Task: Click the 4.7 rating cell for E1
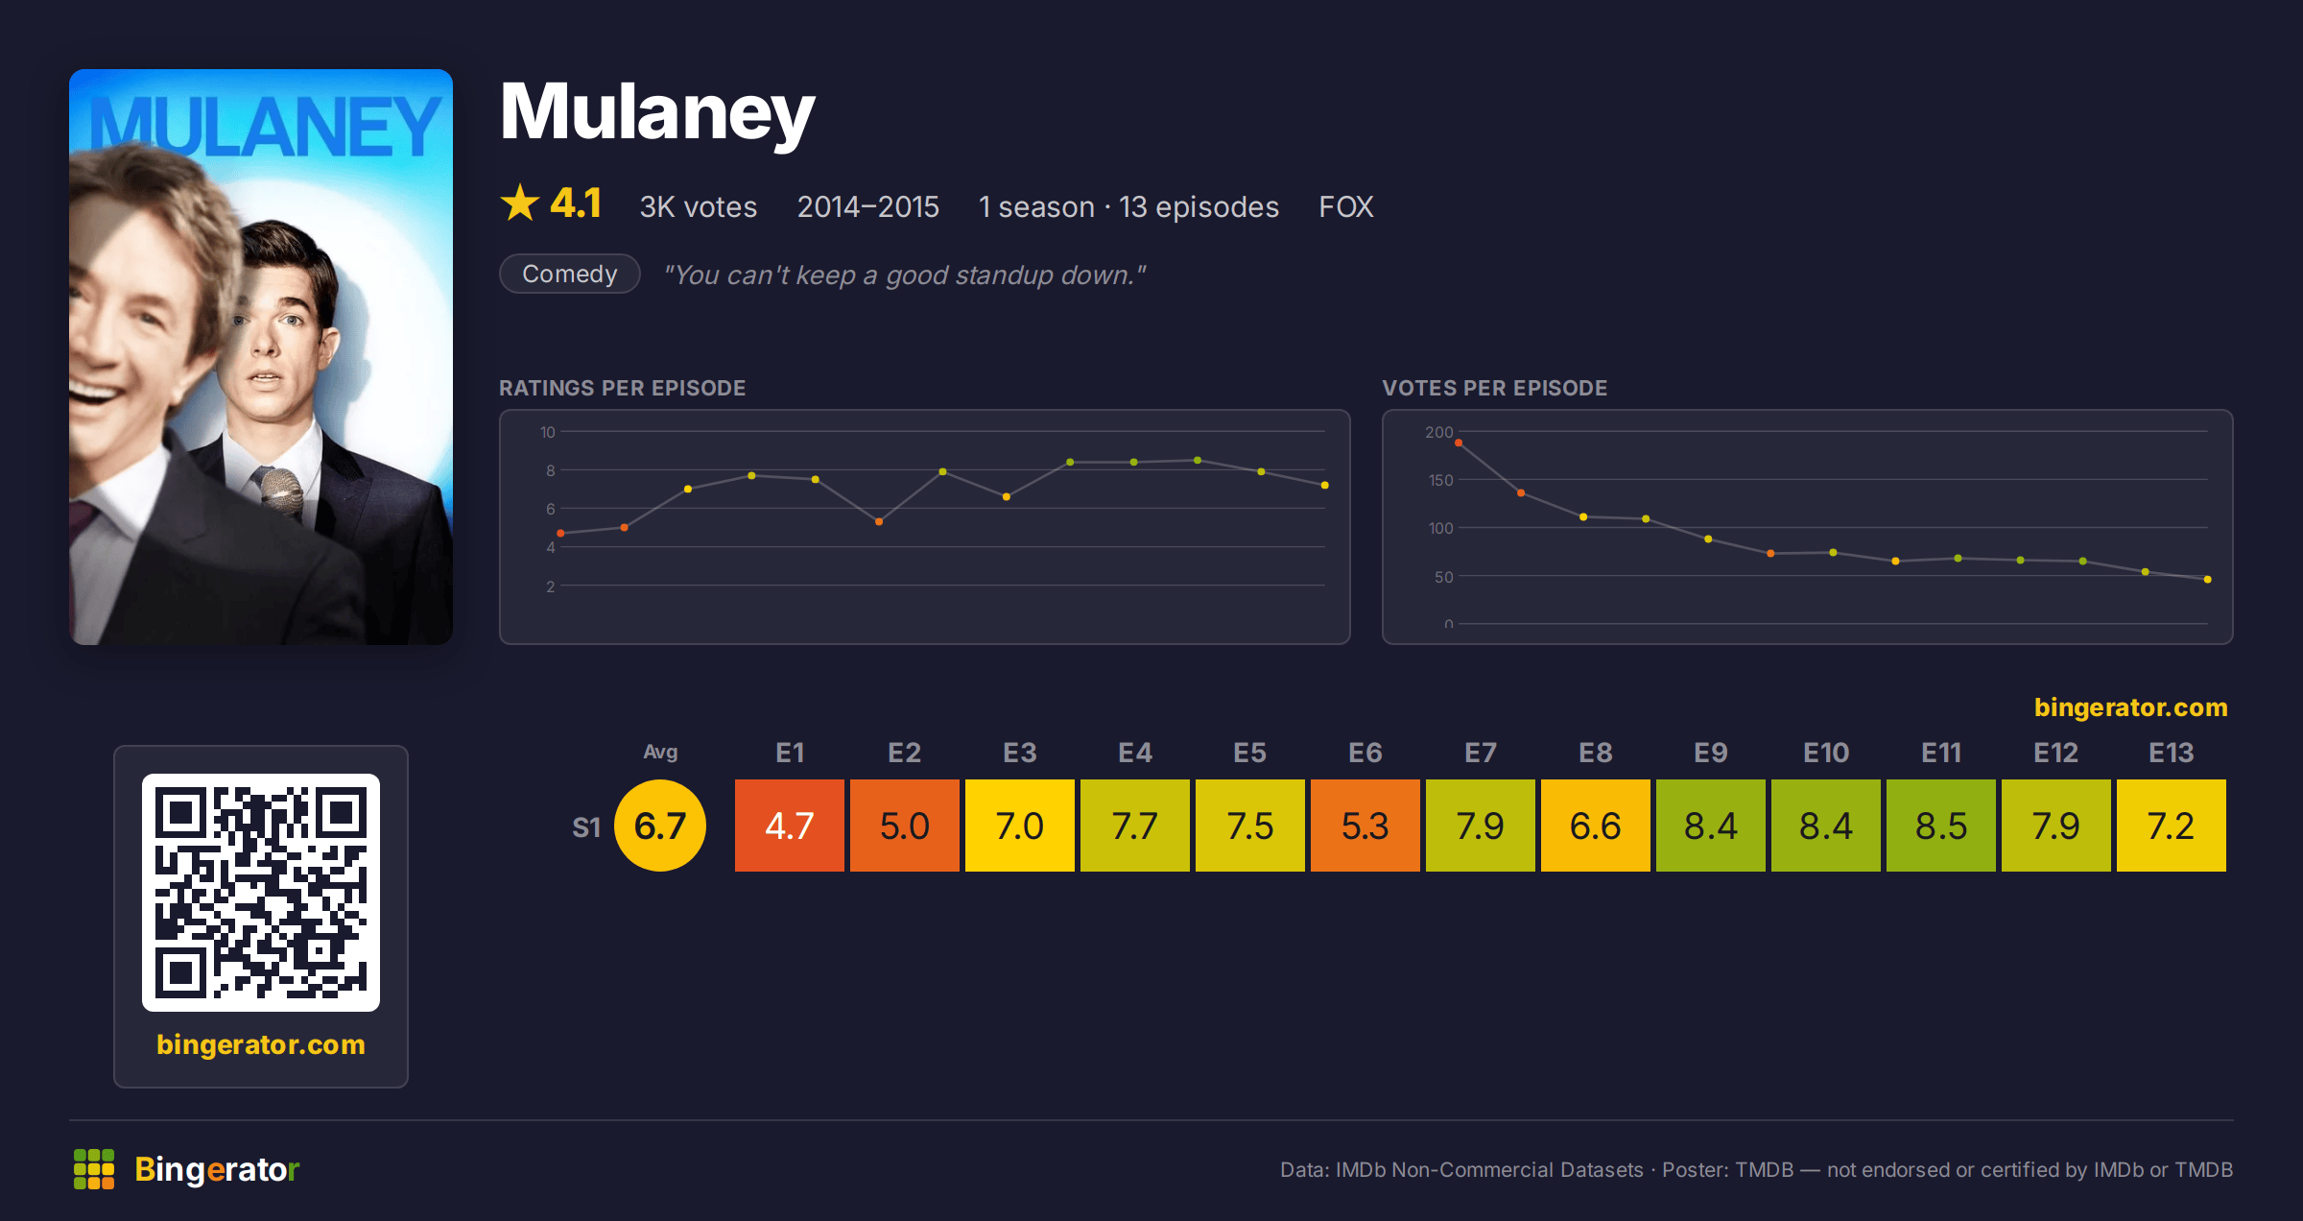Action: (790, 826)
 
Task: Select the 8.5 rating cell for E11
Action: (1941, 826)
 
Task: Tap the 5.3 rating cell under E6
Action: (1365, 826)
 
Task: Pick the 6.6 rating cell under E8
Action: (1596, 826)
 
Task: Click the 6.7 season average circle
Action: (660, 826)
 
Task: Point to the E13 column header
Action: (2172, 753)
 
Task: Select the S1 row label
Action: (586, 827)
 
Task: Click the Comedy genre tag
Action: (570, 274)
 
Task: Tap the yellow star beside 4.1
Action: (520, 203)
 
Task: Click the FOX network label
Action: (1346, 206)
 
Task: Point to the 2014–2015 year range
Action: (868, 206)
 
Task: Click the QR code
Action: (261, 893)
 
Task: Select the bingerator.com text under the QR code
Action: (261, 1044)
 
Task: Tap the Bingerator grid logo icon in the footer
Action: (94, 1169)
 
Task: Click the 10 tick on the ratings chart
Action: (548, 432)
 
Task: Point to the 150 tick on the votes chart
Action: (1441, 480)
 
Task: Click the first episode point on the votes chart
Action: (1459, 443)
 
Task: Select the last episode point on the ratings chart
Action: (1325, 485)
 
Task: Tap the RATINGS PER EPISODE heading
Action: (623, 388)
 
